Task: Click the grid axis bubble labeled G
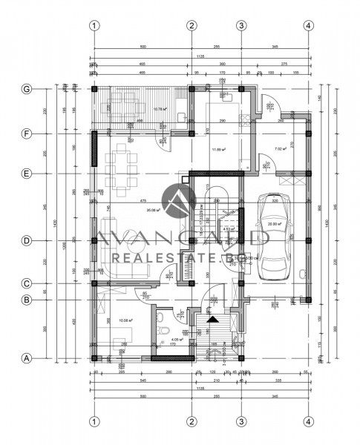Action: pos(26,89)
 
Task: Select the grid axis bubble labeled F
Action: pos(26,134)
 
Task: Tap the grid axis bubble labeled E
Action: pos(26,174)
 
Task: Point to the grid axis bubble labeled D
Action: pos(26,240)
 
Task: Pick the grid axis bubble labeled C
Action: pos(26,283)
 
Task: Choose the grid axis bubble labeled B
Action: pos(26,300)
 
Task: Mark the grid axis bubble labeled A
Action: pos(26,358)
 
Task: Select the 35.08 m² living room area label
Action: pos(154,210)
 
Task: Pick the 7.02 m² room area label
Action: pos(280,149)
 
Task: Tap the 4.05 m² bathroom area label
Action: pos(177,339)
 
